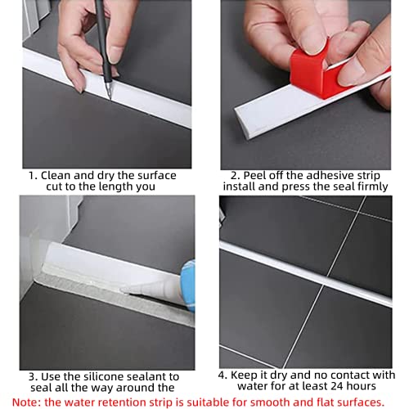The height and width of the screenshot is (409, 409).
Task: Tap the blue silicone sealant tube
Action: pyautogui.click(x=188, y=285)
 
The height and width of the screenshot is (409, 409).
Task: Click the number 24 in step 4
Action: pyautogui.click(x=338, y=386)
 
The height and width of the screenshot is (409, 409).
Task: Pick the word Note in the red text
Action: pyautogui.click(x=25, y=402)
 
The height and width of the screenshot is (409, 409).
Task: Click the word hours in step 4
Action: pyautogui.click(x=362, y=386)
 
